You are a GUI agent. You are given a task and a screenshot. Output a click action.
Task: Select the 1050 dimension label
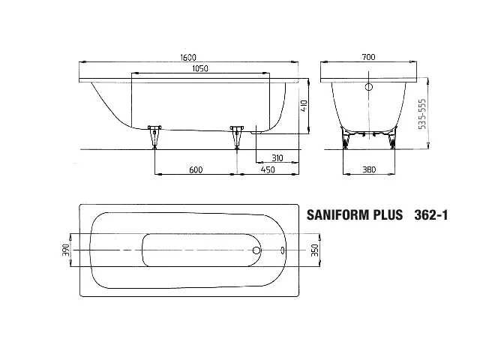[x=199, y=68]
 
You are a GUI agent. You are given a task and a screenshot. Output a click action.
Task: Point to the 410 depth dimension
[x=304, y=106]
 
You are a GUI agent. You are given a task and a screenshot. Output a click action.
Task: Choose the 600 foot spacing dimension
[x=195, y=170]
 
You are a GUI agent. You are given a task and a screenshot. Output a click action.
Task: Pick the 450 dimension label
[x=266, y=170]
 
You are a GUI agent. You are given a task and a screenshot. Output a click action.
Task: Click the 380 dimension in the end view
[x=368, y=170]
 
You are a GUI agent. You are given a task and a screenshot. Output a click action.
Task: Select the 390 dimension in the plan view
[x=65, y=250]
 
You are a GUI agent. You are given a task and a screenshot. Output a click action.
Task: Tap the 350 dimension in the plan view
[x=315, y=250]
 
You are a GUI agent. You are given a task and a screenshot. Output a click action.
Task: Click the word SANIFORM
[x=341, y=215]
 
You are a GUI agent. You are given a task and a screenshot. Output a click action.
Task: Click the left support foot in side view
[x=155, y=136]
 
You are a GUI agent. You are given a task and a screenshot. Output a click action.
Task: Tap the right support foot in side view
[x=238, y=136]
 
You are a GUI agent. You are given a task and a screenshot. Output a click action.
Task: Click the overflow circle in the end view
[x=368, y=87]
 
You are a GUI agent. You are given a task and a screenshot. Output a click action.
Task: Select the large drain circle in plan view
[x=256, y=250]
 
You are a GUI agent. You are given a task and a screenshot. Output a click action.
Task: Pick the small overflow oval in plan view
[x=283, y=250]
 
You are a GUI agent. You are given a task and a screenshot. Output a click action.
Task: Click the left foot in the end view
[x=347, y=139]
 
